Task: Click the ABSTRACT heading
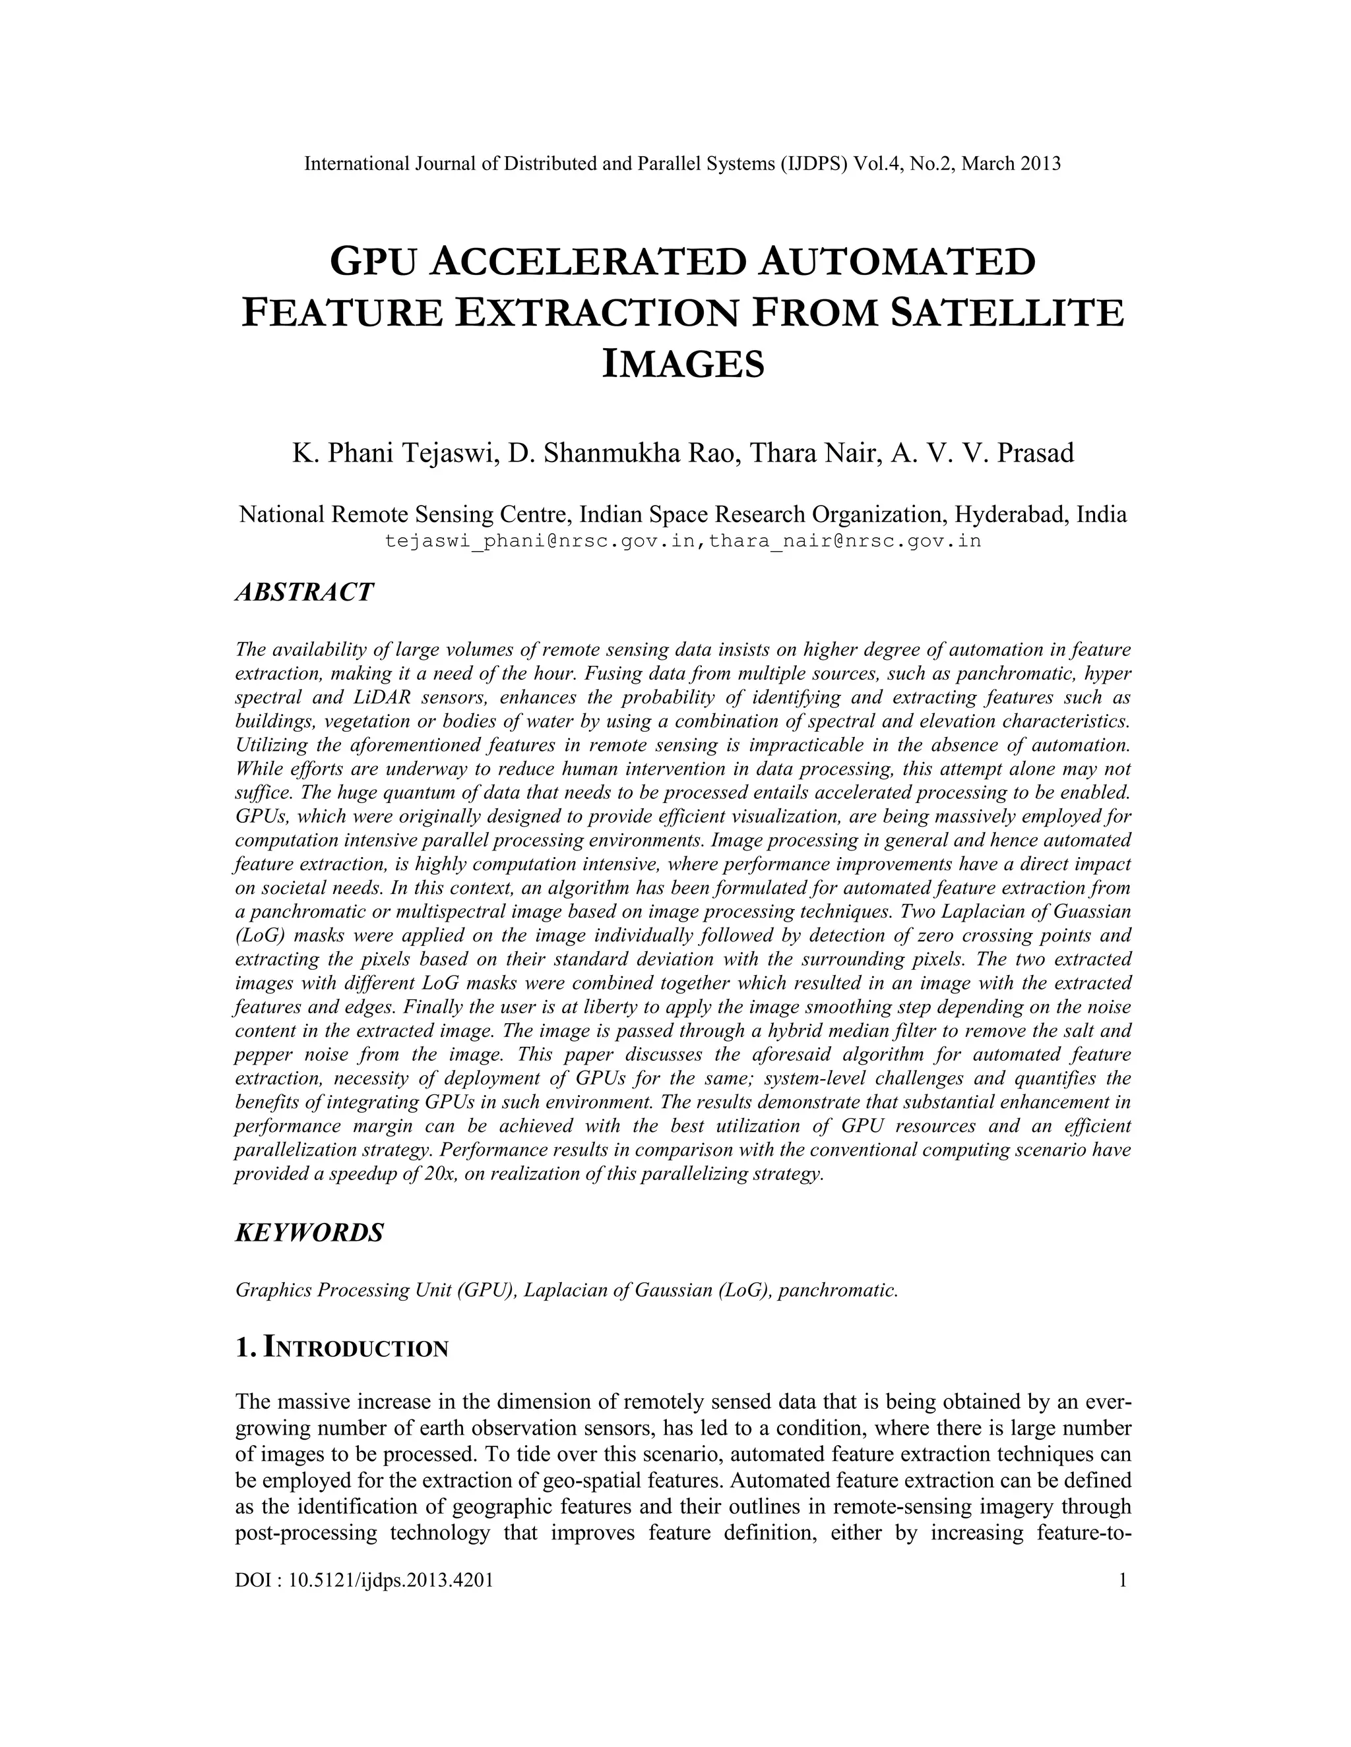pyautogui.click(x=304, y=593)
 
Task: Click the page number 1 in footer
pyautogui.click(x=1122, y=1579)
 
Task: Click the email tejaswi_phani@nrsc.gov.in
pyautogui.click(x=540, y=541)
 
